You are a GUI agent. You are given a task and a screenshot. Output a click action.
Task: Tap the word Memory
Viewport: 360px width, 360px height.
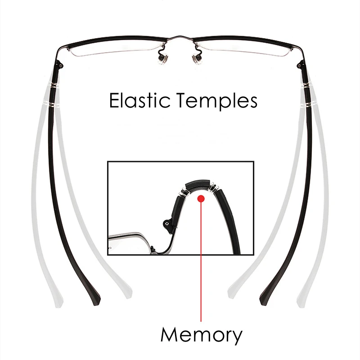[x=201, y=335]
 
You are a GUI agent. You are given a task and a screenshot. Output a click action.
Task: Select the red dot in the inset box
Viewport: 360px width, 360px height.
[x=201, y=198]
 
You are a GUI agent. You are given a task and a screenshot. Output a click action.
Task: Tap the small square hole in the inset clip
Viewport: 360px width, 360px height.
[x=168, y=222]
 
